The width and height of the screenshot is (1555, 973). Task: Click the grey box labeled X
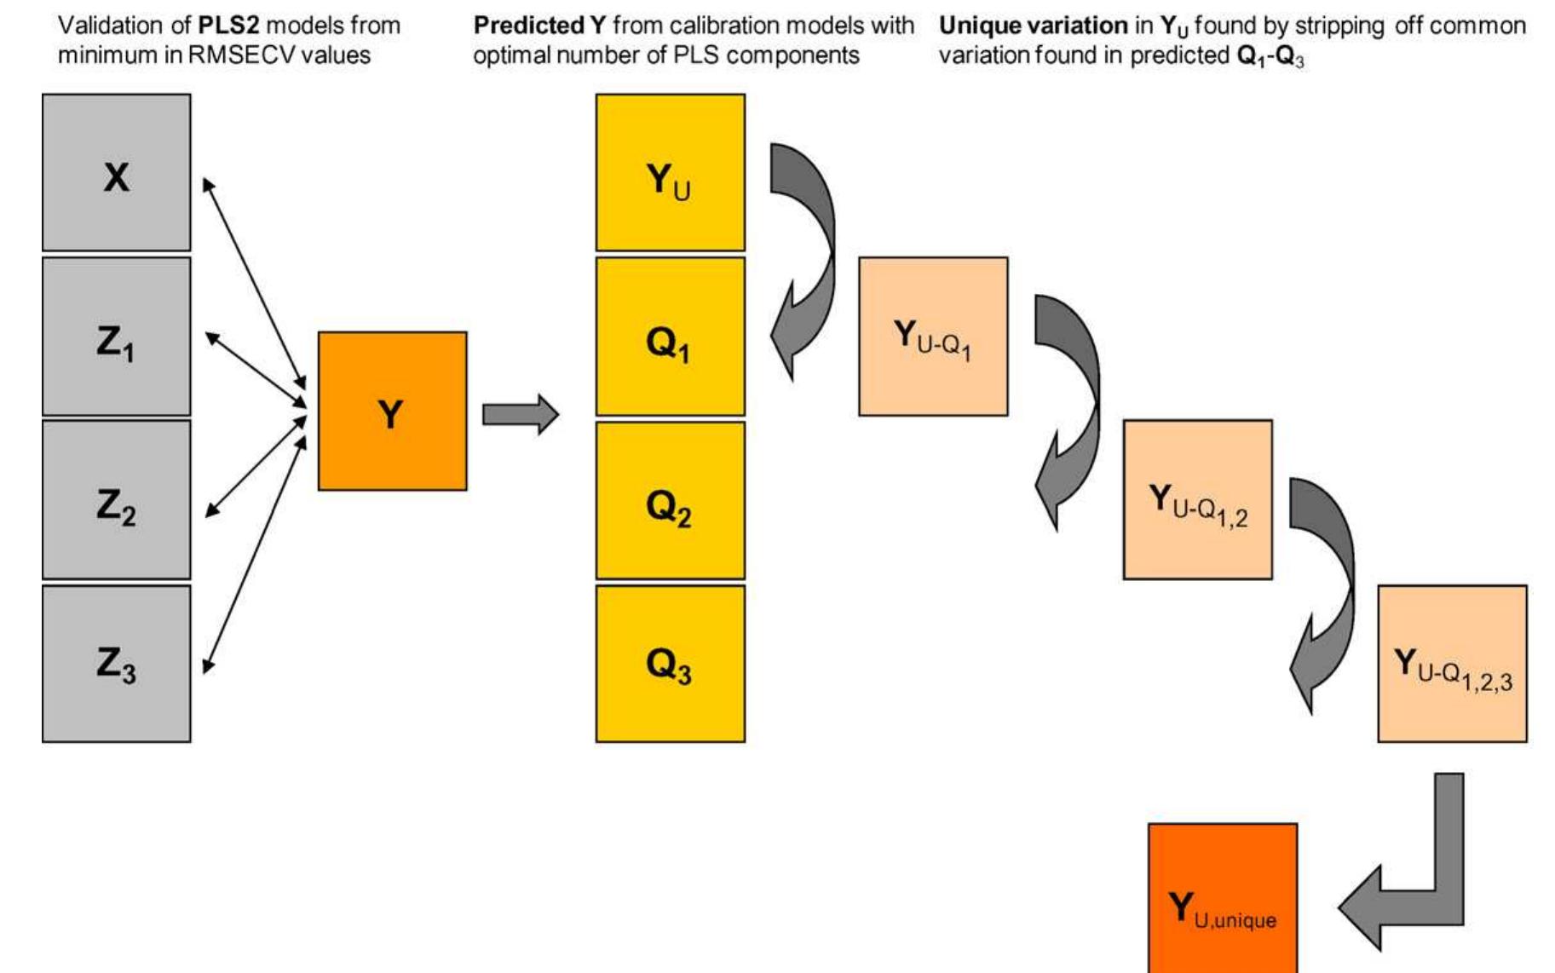[x=116, y=172]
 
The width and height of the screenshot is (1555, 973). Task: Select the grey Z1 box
[x=116, y=337]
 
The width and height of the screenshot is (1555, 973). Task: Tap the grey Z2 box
[x=116, y=500]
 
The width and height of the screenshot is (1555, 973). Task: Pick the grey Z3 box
[x=116, y=663]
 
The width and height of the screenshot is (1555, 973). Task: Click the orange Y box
[x=392, y=411]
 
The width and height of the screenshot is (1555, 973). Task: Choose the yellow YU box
[x=670, y=172]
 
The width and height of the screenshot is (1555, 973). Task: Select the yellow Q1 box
[x=670, y=337]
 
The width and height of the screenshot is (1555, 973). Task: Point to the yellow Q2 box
[x=670, y=500]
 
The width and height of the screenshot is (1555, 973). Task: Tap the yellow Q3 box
[x=670, y=663]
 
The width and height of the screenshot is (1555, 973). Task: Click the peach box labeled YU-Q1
[x=933, y=337]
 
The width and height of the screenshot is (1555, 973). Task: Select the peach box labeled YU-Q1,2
[x=1197, y=500]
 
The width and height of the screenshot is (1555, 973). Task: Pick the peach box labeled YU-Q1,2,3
[x=1452, y=663]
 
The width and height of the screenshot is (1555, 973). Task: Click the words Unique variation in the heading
[x=1033, y=26]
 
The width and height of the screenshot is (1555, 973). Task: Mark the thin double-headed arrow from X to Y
[x=254, y=281]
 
